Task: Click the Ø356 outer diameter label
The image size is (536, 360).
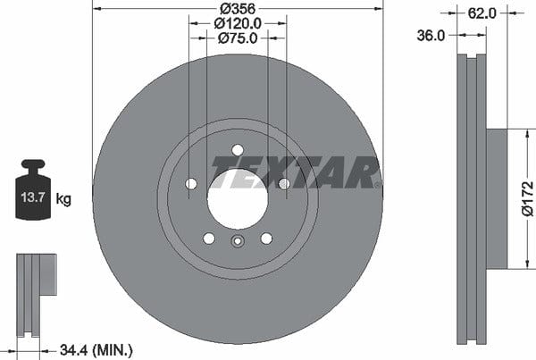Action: coord(238,8)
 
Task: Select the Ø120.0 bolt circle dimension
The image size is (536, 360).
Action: coord(238,23)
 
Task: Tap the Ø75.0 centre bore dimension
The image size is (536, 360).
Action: coord(238,38)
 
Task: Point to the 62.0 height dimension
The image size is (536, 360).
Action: coord(482,13)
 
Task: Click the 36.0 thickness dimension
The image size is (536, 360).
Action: coord(431,36)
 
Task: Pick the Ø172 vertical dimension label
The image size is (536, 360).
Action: coord(528,198)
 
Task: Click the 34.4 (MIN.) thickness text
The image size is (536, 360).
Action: coord(96,350)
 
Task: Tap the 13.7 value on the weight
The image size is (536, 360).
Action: coord(33,197)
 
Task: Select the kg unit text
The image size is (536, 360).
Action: coord(63,198)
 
